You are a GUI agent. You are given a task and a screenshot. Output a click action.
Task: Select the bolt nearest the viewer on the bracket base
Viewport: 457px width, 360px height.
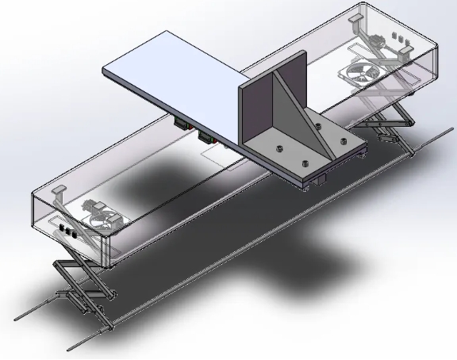point(304,164)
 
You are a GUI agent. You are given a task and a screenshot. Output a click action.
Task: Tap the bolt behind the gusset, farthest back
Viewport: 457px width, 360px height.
point(317,125)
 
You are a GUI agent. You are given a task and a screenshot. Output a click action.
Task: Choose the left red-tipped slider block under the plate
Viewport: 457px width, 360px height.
point(182,126)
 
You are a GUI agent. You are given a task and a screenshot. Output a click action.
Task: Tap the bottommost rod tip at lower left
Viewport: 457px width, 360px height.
point(73,347)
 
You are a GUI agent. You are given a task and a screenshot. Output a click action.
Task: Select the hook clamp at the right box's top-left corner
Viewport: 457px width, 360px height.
point(361,17)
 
